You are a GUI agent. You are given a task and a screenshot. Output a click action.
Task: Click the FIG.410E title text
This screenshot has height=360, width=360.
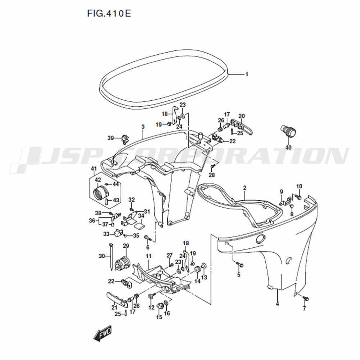point(109,14)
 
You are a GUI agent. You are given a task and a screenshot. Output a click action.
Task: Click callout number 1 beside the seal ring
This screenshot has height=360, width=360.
point(247,75)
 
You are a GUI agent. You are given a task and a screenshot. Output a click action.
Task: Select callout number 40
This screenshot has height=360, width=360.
point(288,147)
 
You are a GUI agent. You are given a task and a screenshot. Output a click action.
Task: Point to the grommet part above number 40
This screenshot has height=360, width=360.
point(288,131)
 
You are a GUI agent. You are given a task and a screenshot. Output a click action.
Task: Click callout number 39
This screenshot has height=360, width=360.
point(111,138)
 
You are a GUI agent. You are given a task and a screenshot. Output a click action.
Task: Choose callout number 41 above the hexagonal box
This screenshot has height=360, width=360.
point(94,169)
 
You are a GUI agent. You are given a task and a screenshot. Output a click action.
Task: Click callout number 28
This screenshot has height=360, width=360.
point(212,175)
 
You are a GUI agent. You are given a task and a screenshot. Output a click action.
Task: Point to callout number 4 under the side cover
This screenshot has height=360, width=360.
point(277,304)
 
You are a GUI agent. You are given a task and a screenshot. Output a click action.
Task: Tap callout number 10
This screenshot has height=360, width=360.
point(299,186)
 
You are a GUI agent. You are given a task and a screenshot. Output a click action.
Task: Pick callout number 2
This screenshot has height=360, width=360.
point(245,188)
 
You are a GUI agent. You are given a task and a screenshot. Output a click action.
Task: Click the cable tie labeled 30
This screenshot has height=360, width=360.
point(111,256)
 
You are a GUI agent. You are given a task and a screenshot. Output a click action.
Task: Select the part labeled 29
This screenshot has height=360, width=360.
point(122,264)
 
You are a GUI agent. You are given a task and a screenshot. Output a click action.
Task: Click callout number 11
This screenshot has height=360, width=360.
point(149,256)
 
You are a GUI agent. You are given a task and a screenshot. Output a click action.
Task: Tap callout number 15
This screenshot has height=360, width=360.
point(159,317)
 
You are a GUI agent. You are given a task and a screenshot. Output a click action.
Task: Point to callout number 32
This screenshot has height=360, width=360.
point(131,200)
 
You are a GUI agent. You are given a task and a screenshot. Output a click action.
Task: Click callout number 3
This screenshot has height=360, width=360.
point(143,127)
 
